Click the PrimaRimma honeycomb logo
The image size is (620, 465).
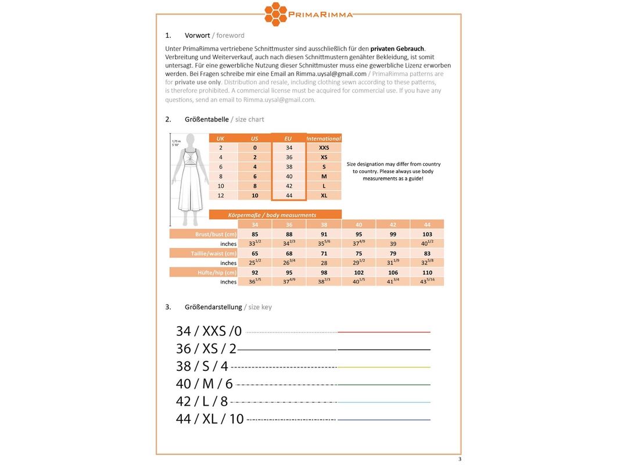[x=276, y=14]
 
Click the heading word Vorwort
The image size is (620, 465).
[x=197, y=35]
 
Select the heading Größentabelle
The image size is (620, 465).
[x=206, y=119]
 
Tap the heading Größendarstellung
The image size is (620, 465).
[x=213, y=307]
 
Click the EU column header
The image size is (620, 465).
[x=288, y=138]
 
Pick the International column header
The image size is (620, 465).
[x=324, y=138]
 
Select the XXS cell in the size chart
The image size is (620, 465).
[x=324, y=148]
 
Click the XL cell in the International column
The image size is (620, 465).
[x=324, y=195]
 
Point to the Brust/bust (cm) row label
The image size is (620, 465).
[x=214, y=234]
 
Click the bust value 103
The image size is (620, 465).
[x=427, y=234]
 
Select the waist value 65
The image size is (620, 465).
[x=255, y=253]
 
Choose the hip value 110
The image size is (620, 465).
[x=427, y=272]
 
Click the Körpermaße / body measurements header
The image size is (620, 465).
[x=275, y=215]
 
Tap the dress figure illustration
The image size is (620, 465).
[x=188, y=180]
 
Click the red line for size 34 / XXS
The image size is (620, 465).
[x=384, y=332]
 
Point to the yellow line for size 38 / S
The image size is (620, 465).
[x=384, y=367]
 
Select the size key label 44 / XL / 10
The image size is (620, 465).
[x=210, y=419]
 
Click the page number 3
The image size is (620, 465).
[x=460, y=459]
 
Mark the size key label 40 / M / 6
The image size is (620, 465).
[x=204, y=384]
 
